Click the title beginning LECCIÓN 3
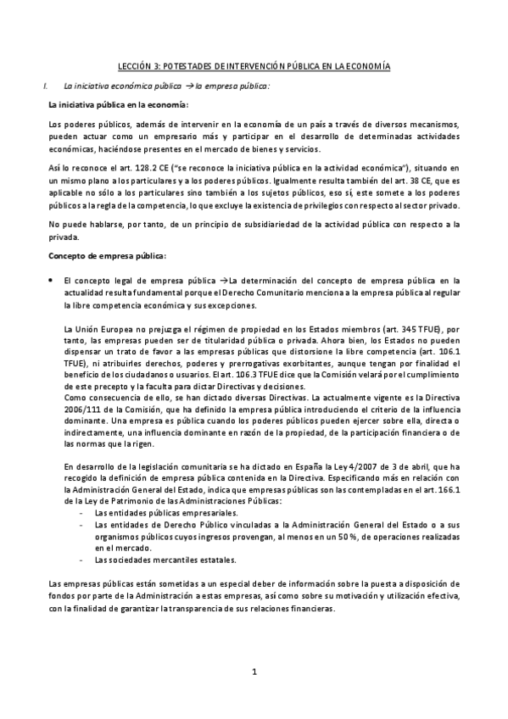(254, 66)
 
